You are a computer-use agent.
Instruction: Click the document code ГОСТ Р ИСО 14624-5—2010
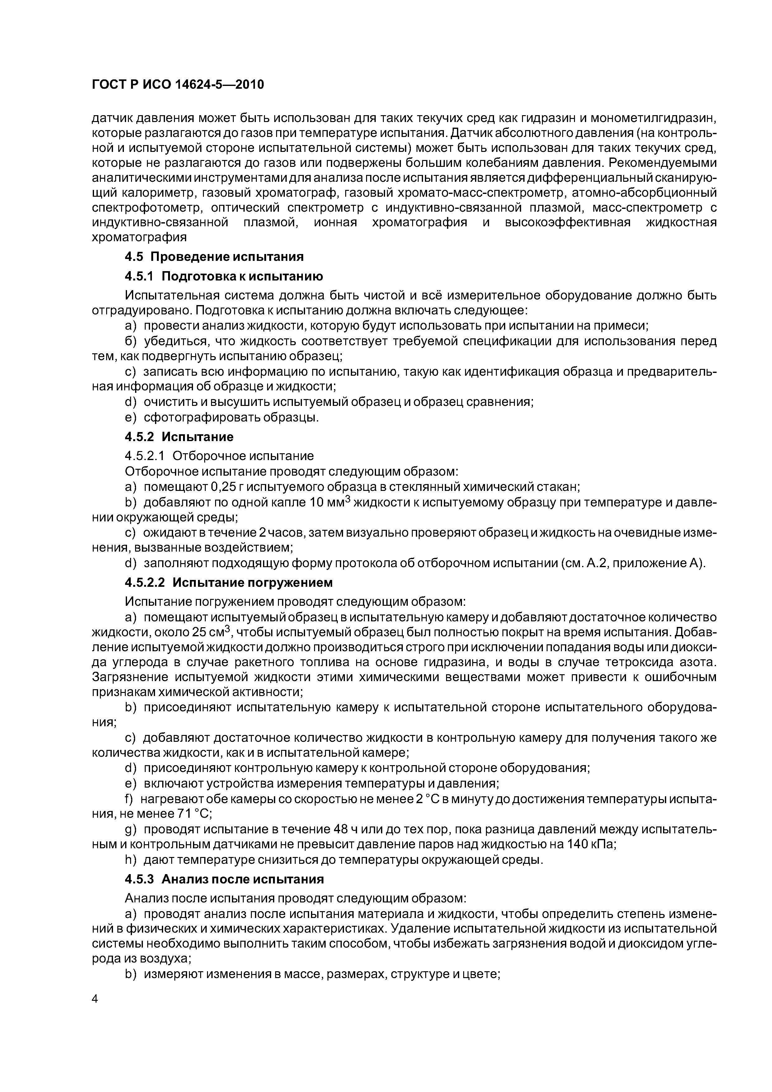tap(177, 85)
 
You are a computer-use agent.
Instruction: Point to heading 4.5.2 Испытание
tap(179, 437)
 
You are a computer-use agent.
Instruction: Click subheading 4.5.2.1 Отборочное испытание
tap(219, 456)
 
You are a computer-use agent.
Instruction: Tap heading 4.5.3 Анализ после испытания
tap(224, 879)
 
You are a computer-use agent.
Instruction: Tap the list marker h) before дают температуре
tap(130, 859)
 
